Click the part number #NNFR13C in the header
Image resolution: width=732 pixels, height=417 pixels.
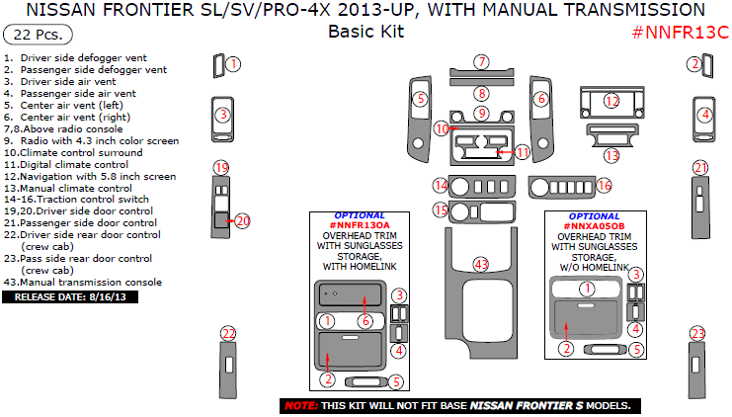point(679,32)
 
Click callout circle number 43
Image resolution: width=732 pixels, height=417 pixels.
point(481,264)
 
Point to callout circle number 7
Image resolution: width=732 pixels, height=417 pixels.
point(481,62)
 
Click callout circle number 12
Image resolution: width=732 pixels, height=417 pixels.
point(612,101)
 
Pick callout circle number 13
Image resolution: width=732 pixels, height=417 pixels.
point(612,155)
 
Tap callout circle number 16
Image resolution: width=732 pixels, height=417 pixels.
point(603,185)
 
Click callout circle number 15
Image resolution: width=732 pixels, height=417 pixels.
point(441,210)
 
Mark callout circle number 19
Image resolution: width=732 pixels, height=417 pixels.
point(222,167)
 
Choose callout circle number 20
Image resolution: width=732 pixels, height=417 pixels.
point(243,220)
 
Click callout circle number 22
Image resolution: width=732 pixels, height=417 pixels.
point(228,334)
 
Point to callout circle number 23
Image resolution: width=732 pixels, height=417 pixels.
point(698,334)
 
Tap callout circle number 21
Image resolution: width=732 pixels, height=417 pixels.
point(699,167)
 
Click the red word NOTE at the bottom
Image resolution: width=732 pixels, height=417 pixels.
point(300,406)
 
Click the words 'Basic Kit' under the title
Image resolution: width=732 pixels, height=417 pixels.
point(366,31)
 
